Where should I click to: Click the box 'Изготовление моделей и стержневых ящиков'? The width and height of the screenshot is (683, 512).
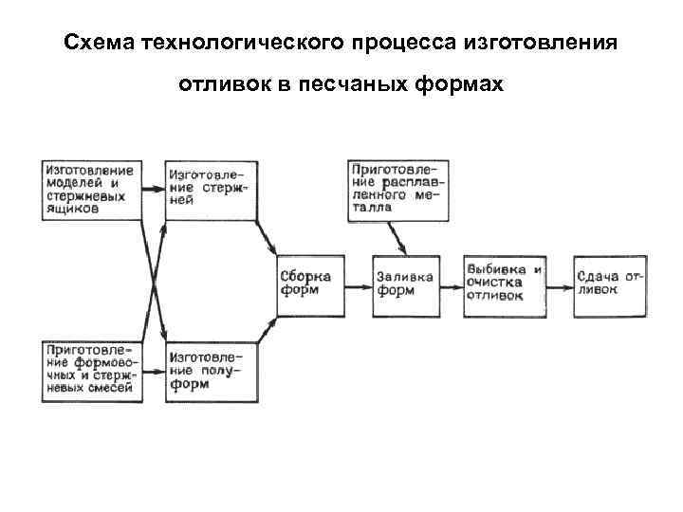[x=92, y=190]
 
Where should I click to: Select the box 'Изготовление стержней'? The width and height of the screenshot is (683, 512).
[x=211, y=190]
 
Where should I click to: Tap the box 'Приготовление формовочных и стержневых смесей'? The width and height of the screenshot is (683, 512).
[x=92, y=370]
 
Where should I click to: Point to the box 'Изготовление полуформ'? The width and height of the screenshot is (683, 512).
[x=211, y=370]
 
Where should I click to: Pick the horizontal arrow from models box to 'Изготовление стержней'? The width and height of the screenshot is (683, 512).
[x=154, y=190]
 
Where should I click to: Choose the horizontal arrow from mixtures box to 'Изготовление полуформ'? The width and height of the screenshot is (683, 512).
[x=154, y=370]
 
